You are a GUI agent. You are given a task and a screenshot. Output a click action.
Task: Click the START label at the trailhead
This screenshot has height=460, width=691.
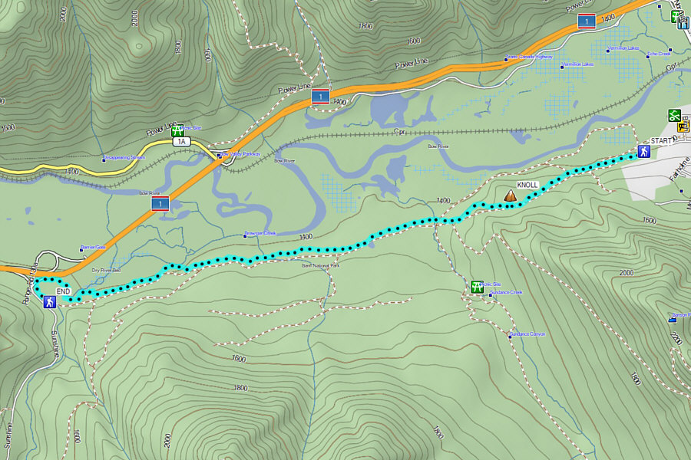(660, 142)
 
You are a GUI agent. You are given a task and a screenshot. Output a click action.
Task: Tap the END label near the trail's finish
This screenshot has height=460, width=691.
(64, 292)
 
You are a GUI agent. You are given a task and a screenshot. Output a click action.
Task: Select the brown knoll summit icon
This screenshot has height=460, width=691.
(509, 196)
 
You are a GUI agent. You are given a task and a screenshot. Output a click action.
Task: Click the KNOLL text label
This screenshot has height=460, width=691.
(527, 186)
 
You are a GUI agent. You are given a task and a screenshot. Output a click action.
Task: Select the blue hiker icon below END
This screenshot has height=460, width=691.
(49, 303)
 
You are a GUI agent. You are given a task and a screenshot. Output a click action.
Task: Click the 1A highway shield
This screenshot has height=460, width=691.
(181, 142)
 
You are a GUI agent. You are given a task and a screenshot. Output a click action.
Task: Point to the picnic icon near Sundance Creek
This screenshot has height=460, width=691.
(477, 287)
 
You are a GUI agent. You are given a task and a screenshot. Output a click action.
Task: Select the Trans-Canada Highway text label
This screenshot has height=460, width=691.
(529, 56)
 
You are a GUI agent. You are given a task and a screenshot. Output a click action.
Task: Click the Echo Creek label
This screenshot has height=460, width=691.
(659, 54)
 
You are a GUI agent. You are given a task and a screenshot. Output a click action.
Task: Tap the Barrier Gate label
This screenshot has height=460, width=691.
(92, 248)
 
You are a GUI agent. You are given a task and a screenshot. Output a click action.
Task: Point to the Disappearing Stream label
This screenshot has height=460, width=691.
(124, 158)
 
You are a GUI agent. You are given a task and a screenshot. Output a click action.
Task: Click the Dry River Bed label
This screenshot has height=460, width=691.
(106, 271)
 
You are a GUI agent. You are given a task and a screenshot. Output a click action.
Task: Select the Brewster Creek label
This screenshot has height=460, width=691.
(260, 233)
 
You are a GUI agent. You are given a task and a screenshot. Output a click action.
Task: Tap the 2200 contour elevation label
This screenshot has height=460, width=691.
(675, 337)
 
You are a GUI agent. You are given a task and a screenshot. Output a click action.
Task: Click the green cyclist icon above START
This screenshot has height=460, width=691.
(674, 115)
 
